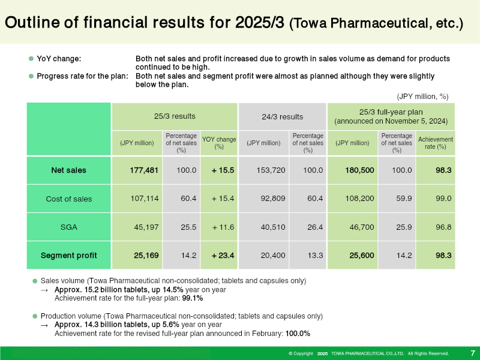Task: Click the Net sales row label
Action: [x=68, y=170]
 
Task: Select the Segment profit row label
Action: [x=68, y=256]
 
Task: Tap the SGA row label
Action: [x=68, y=227]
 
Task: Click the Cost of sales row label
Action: [x=68, y=199]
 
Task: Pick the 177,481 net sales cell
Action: [x=144, y=170]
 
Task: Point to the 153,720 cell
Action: [x=271, y=170]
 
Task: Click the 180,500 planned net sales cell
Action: [x=359, y=170]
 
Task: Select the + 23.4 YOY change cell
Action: [x=223, y=256]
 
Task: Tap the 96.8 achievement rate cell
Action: [x=443, y=227]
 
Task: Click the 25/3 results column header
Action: [x=175, y=116]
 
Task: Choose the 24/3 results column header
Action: [x=282, y=116]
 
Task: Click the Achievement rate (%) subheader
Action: [x=436, y=143]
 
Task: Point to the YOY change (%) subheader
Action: [x=219, y=143]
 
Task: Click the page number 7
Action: [x=473, y=353]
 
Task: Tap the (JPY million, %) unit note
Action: [x=422, y=97]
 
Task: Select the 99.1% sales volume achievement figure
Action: [x=192, y=298]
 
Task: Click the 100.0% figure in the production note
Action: [x=298, y=334]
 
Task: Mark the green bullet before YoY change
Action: [x=31, y=58]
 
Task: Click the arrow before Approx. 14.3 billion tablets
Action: [x=44, y=325]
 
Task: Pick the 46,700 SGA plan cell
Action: [x=362, y=227]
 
